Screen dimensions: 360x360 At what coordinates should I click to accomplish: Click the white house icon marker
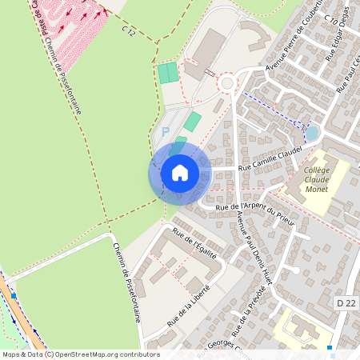click(180, 172)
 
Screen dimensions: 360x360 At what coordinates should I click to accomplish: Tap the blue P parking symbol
click(166, 130)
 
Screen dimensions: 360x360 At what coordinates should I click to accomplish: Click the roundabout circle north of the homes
click(227, 82)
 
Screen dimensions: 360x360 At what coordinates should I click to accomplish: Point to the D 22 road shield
click(345, 303)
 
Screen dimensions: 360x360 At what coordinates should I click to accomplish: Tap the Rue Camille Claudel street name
click(267, 159)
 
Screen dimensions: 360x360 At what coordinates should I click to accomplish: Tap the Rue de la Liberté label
click(188, 304)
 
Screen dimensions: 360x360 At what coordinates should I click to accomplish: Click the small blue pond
click(312, 132)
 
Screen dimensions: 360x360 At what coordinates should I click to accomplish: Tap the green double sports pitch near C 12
click(168, 72)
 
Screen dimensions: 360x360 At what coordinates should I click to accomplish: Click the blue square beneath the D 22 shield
click(330, 348)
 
